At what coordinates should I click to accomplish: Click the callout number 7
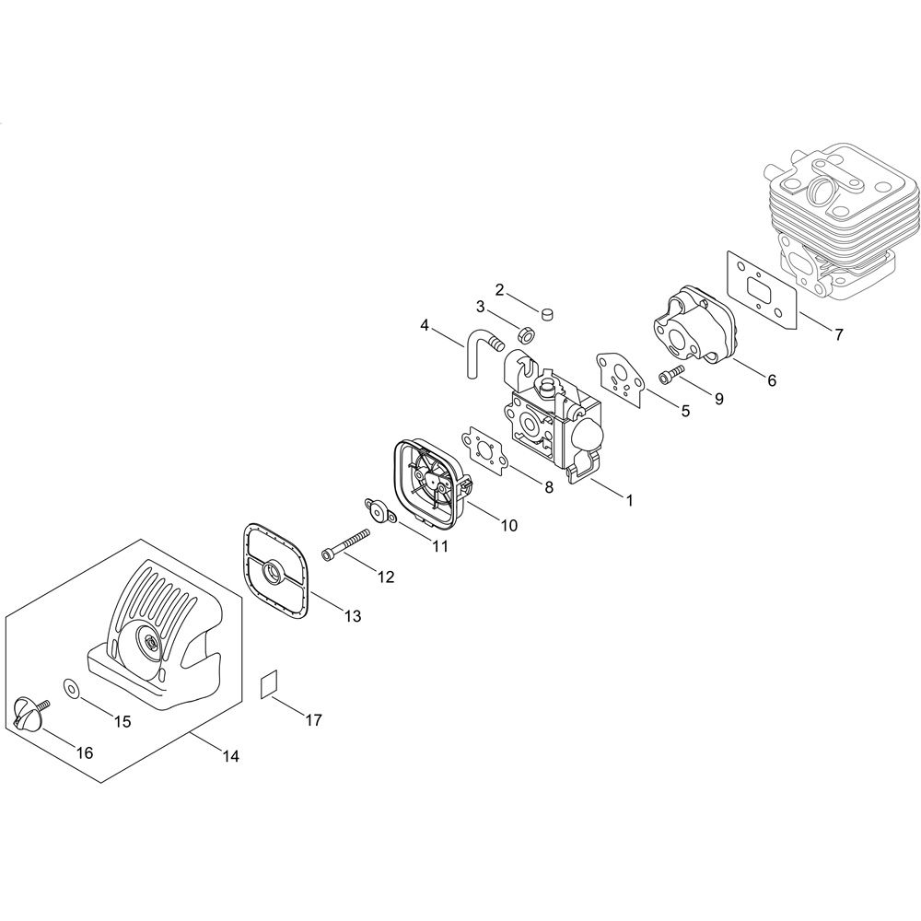click(x=839, y=335)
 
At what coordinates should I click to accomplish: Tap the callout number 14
click(x=231, y=756)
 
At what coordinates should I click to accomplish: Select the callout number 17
click(x=314, y=719)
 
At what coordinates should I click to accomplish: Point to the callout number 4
click(x=425, y=324)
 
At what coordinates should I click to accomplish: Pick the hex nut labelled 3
click(x=525, y=334)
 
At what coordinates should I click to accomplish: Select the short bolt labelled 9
click(x=673, y=374)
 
